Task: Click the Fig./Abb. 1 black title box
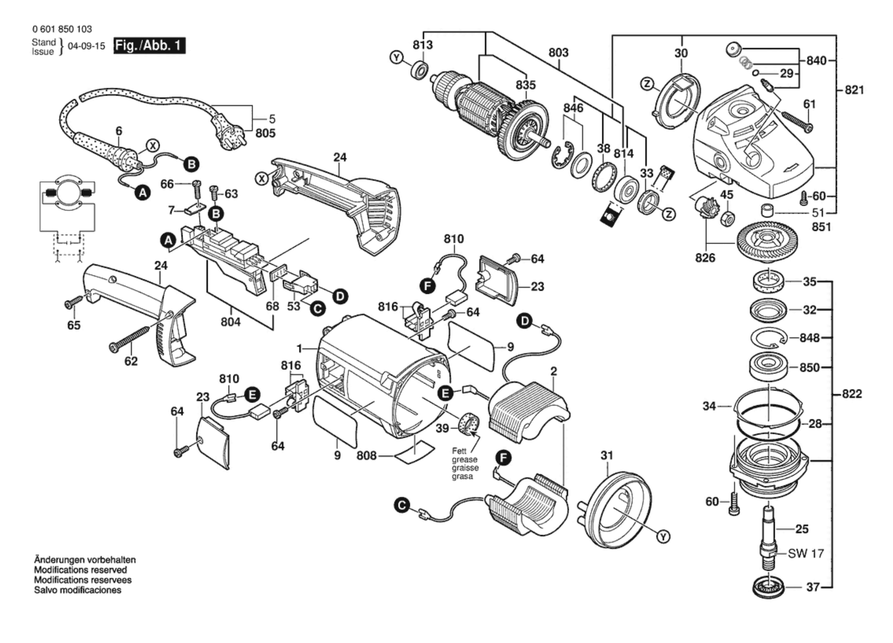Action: [x=149, y=45]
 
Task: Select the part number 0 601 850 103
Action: [x=62, y=29]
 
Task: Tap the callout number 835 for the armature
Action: [x=525, y=85]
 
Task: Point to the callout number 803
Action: [x=558, y=53]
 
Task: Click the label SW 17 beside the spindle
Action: [x=806, y=553]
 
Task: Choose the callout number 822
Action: [x=852, y=394]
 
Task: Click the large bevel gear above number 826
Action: [x=768, y=241]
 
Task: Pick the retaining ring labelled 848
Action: [x=769, y=338]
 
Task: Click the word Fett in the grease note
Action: [x=459, y=451]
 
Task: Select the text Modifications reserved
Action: [x=80, y=570]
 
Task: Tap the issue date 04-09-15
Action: [x=86, y=46]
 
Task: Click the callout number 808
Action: [x=366, y=455]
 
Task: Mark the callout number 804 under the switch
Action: [x=230, y=322]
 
